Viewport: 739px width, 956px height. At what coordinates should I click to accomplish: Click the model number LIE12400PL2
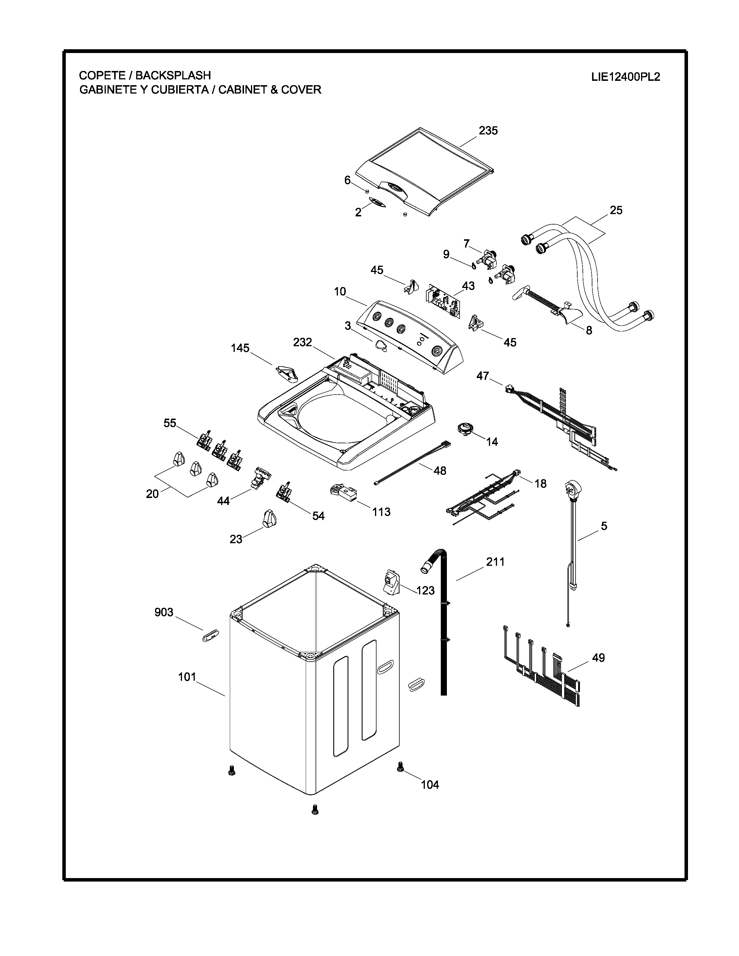(x=625, y=77)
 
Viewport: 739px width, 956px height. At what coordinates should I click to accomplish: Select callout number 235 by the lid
(x=488, y=130)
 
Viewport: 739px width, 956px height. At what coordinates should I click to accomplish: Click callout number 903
(x=164, y=612)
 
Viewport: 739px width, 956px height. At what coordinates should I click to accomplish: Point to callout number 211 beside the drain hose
(x=495, y=562)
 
